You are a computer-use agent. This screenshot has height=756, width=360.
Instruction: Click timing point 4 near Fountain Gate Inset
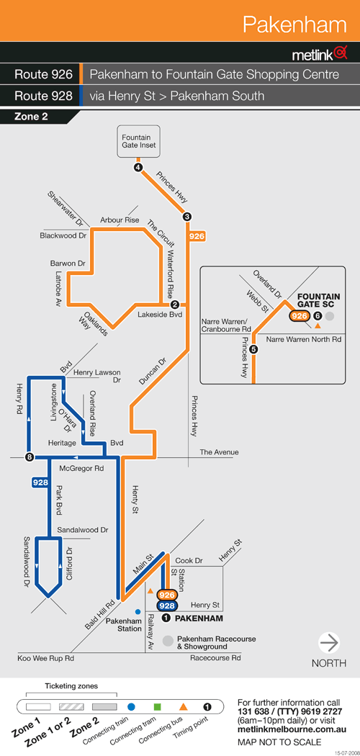139,167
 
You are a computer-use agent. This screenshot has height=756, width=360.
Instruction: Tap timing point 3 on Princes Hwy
187,217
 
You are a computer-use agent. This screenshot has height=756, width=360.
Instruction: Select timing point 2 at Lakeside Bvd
175,305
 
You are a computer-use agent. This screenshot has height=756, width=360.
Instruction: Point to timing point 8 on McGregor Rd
30,457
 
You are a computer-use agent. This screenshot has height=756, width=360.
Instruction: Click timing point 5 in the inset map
254,349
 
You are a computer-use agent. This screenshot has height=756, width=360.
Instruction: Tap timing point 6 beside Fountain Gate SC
317,316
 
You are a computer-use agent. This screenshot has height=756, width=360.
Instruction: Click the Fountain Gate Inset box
139,141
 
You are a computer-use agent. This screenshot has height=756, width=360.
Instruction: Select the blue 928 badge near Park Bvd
40,482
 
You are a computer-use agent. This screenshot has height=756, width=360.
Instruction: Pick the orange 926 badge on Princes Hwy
197,236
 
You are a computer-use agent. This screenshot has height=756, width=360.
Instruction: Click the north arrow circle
329,643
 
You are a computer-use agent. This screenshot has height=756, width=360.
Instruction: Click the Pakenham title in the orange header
294,24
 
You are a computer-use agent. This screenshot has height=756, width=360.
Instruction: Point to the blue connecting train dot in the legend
131,707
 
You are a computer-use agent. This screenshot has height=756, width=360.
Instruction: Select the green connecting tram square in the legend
157,707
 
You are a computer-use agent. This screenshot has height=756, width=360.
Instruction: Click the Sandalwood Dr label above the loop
82,530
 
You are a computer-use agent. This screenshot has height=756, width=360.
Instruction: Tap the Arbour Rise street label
120,220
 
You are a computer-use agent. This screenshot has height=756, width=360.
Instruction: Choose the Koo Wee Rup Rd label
45,658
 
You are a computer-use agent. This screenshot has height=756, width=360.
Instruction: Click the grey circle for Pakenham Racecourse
168,641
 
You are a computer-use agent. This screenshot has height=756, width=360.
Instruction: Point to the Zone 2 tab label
31,116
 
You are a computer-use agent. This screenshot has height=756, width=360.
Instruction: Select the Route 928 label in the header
43,96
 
